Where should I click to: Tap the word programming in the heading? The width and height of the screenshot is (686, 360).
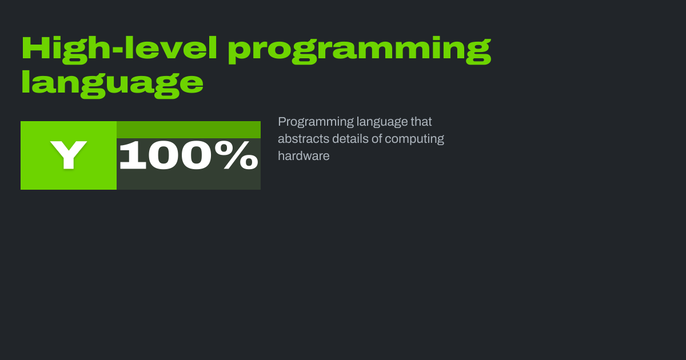point(360,50)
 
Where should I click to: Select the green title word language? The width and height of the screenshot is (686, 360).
point(112,83)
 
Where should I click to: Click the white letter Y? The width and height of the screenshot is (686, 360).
point(69,155)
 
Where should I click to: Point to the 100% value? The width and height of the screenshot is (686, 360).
point(189,155)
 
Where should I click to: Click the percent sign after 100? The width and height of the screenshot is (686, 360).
point(236,155)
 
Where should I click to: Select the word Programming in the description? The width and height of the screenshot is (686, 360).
point(316,122)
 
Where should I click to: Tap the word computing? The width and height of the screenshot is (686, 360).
point(414,139)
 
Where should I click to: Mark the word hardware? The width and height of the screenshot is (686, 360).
point(304,156)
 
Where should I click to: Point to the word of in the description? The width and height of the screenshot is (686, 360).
point(377,139)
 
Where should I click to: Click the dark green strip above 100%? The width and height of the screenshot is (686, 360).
point(189,130)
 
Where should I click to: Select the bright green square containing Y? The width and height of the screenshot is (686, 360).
point(69,155)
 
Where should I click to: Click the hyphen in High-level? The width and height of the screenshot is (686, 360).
point(118,51)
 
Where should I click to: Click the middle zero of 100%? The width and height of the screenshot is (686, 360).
point(163,155)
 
